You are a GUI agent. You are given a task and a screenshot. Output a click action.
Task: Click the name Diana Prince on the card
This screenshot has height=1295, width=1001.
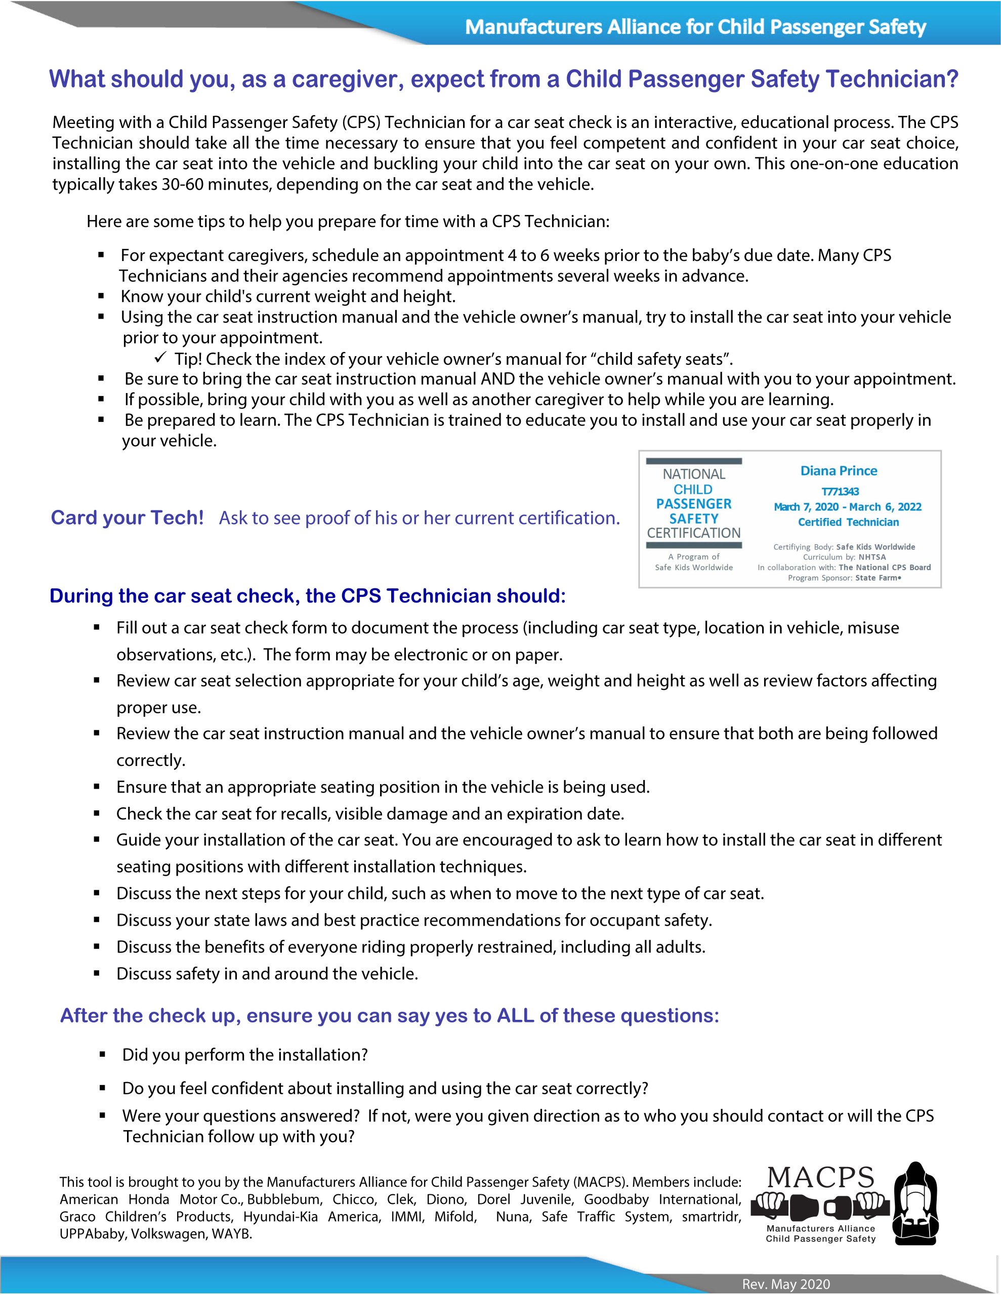pyautogui.click(x=839, y=471)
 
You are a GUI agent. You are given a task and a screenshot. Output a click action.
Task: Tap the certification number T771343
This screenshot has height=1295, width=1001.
pyautogui.click(x=840, y=492)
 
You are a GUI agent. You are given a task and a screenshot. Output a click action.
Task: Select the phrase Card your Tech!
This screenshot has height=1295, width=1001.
pyautogui.click(x=127, y=517)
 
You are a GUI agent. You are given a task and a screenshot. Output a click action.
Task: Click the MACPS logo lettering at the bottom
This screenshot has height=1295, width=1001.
pyautogui.click(x=821, y=1178)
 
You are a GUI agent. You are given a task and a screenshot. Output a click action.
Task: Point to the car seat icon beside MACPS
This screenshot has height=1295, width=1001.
pyautogui.click(x=916, y=1203)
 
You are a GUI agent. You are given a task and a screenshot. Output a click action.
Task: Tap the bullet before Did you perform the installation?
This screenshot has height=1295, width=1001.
pyautogui.click(x=102, y=1055)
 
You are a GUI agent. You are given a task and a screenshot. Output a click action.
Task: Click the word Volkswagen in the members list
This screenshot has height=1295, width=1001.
pyautogui.click(x=169, y=1234)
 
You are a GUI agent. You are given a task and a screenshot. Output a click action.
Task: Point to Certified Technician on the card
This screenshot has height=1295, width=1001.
pyautogui.click(x=848, y=523)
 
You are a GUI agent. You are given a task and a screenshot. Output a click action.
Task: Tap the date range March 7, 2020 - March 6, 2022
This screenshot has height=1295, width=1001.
pyautogui.click(x=847, y=507)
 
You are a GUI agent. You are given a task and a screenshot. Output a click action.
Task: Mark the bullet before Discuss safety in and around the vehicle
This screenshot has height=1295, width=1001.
pyautogui.click(x=97, y=974)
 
